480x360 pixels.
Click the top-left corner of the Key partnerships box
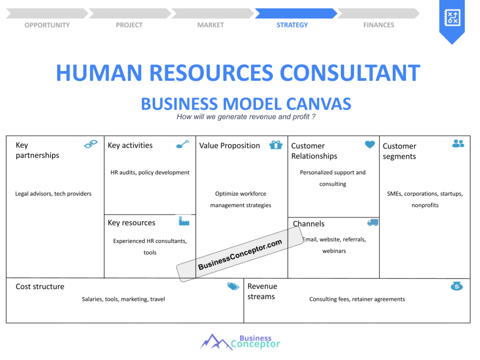tap(7, 136)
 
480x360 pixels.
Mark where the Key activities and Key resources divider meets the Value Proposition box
tap(195, 214)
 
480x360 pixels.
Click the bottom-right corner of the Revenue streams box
tap(470, 322)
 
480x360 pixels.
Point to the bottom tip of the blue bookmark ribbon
tap(452, 45)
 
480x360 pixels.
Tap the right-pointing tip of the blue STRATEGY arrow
tap(337, 14)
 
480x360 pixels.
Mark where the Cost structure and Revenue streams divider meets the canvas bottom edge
tap(244, 322)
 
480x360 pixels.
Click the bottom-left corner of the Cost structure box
tap(7, 322)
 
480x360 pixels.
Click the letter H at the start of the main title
tap(63, 73)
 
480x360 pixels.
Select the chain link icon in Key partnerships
tap(91, 144)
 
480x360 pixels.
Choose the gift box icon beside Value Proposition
tap(276, 145)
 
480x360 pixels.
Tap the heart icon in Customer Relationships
tap(370, 144)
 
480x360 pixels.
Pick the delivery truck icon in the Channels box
tap(373, 223)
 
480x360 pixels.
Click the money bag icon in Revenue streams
tap(457, 286)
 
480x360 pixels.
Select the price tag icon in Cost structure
tap(233, 286)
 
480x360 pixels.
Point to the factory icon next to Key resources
tap(184, 221)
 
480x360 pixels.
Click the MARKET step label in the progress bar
tap(210, 25)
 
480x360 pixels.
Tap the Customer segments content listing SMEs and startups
tap(425, 199)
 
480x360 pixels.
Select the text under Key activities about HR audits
tap(150, 172)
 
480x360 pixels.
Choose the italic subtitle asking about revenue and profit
tap(246, 117)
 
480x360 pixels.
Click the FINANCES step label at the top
tap(379, 25)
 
